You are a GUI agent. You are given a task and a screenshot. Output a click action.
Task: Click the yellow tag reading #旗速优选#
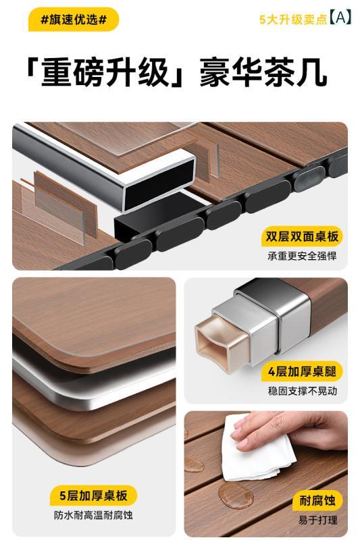[74, 20]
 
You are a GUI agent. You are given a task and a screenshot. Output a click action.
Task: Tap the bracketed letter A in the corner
[340, 18]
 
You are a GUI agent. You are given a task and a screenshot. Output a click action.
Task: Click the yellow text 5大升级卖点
[293, 20]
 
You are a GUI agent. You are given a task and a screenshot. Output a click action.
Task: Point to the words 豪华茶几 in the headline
[263, 72]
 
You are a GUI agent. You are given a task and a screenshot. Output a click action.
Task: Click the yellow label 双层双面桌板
[302, 237]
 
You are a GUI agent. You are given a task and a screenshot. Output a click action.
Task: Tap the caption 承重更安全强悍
[302, 256]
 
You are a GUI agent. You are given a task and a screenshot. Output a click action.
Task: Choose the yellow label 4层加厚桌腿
[302, 372]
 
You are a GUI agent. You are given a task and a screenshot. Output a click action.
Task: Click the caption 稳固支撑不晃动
[302, 391]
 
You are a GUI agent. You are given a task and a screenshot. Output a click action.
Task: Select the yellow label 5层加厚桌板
[93, 496]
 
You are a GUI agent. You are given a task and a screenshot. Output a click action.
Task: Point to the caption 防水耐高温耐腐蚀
[93, 515]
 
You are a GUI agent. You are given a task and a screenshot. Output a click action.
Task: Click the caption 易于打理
[317, 520]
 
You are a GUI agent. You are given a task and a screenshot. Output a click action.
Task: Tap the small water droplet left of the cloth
[195, 464]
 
